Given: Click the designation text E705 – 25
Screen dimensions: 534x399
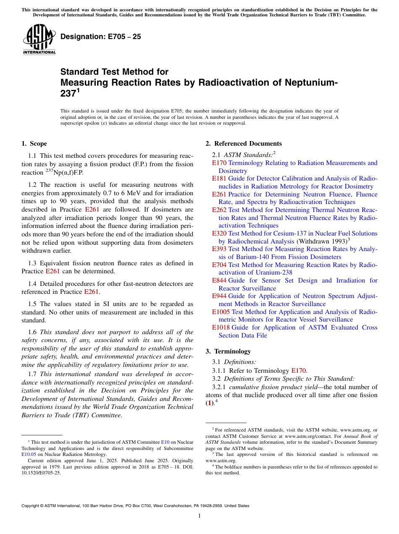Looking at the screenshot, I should click(100, 37).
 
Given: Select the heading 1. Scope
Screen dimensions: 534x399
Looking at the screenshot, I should click(34, 144).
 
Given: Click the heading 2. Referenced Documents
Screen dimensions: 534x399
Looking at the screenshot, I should click(243, 144).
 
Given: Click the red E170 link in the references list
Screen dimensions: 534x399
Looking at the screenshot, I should click(219, 163).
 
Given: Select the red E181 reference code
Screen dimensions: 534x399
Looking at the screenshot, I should click(219, 178).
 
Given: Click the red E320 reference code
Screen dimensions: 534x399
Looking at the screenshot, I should click(219, 233).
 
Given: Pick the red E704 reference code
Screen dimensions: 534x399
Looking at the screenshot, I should click(219, 265).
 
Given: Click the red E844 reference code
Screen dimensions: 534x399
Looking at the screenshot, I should click(219, 280).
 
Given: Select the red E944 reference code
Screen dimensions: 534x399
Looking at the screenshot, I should click(219, 296).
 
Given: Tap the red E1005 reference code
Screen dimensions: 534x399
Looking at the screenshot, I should click(220, 312).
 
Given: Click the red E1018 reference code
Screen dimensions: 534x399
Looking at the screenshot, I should click(220, 327).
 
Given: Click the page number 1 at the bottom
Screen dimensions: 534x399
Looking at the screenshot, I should click(199, 516).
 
